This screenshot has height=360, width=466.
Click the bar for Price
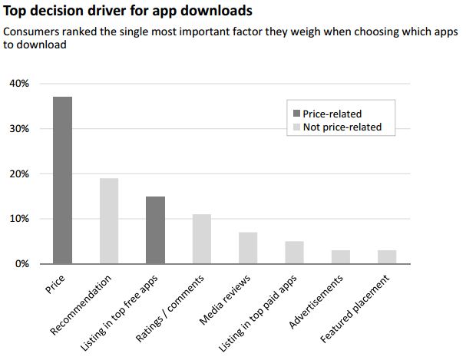(x=62, y=180)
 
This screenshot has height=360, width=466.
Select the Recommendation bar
(x=109, y=221)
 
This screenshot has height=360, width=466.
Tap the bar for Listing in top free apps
(x=155, y=230)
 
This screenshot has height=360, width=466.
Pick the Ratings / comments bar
(x=201, y=239)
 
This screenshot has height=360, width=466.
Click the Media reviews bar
(x=248, y=248)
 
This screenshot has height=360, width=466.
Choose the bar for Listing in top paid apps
(x=294, y=253)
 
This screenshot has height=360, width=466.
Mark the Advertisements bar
(x=341, y=256)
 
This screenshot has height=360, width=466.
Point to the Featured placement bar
(x=387, y=256)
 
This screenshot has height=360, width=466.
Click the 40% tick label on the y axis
(x=19, y=84)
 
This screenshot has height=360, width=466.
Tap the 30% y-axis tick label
(x=19, y=129)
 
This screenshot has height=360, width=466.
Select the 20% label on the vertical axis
(x=19, y=173)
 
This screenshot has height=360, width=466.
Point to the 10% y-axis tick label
(x=19, y=219)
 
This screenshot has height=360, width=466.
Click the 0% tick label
(x=22, y=264)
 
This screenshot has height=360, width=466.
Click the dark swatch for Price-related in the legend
(x=296, y=114)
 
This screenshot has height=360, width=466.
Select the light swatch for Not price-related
(x=296, y=127)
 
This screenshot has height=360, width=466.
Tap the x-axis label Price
(x=55, y=284)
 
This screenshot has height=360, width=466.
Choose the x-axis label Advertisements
(x=316, y=302)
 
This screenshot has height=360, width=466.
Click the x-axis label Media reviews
(x=225, y=299)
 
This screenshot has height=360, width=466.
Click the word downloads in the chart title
(x=216, y=11)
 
